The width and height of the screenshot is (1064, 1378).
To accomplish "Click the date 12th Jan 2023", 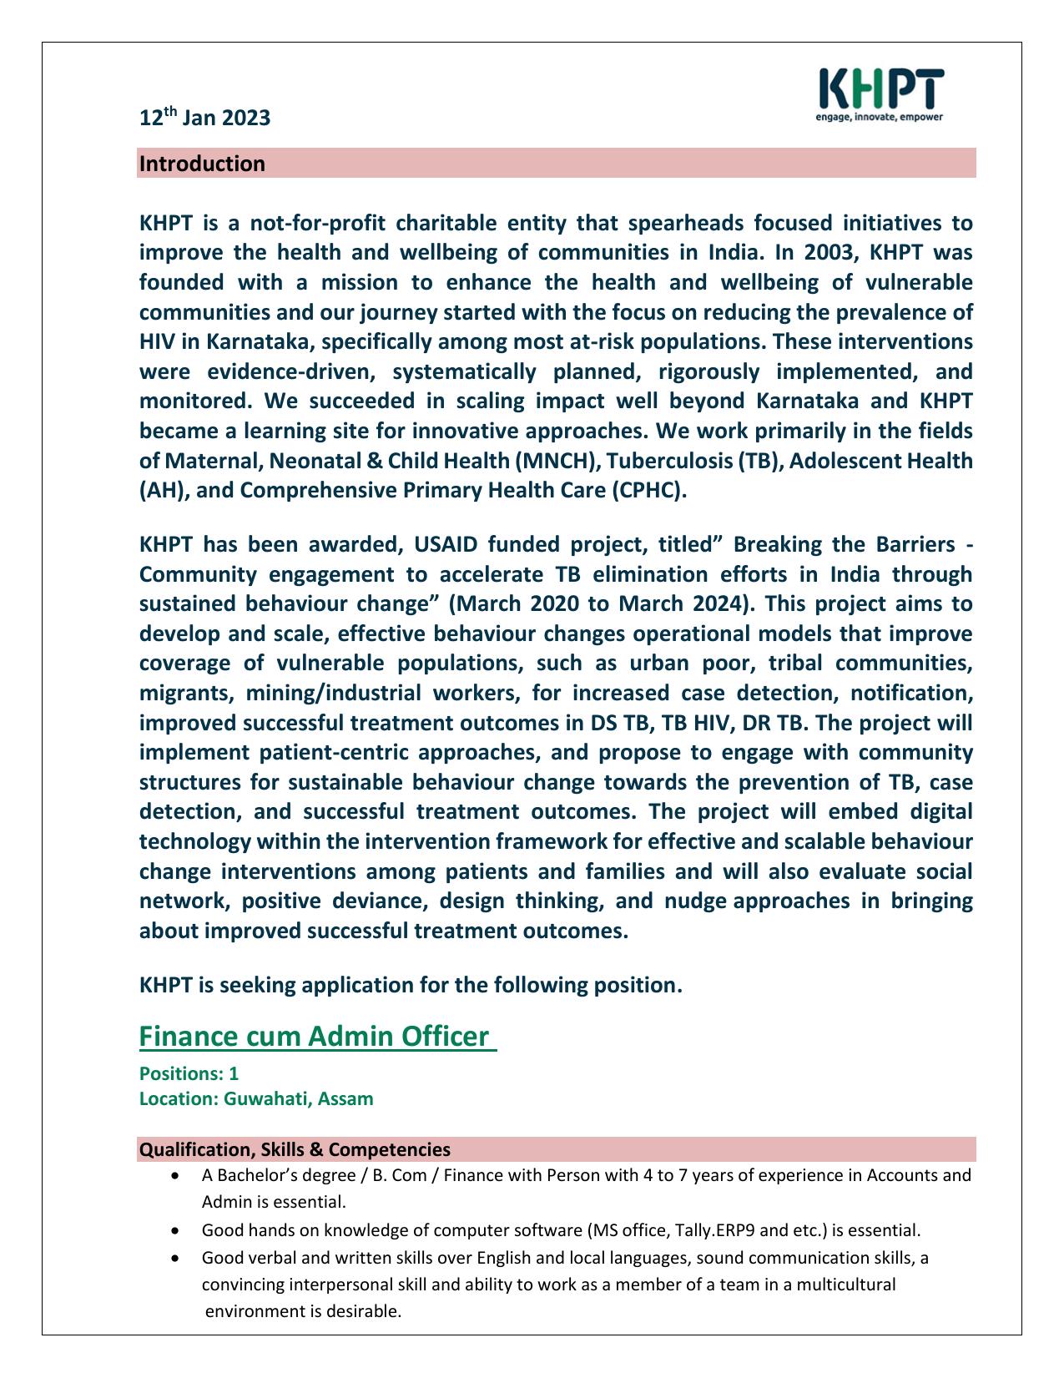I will tap(204, 118).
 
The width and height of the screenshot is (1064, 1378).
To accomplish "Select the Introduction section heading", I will tap(202, 164).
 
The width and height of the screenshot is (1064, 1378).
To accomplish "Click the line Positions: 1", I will tap(189, 1073).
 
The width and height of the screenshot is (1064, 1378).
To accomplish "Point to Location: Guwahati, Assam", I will tap(256, 1098).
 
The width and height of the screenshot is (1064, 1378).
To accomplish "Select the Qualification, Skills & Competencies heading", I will tap(295, 1149).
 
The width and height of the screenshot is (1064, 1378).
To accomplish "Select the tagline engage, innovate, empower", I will tap(879, 118).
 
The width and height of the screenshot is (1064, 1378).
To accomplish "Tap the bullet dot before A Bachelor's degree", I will tap(174, 1176).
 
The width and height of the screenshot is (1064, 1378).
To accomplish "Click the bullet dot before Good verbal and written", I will tap(174, 1258).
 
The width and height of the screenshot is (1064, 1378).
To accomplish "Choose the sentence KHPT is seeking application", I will tap(411, 985).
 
